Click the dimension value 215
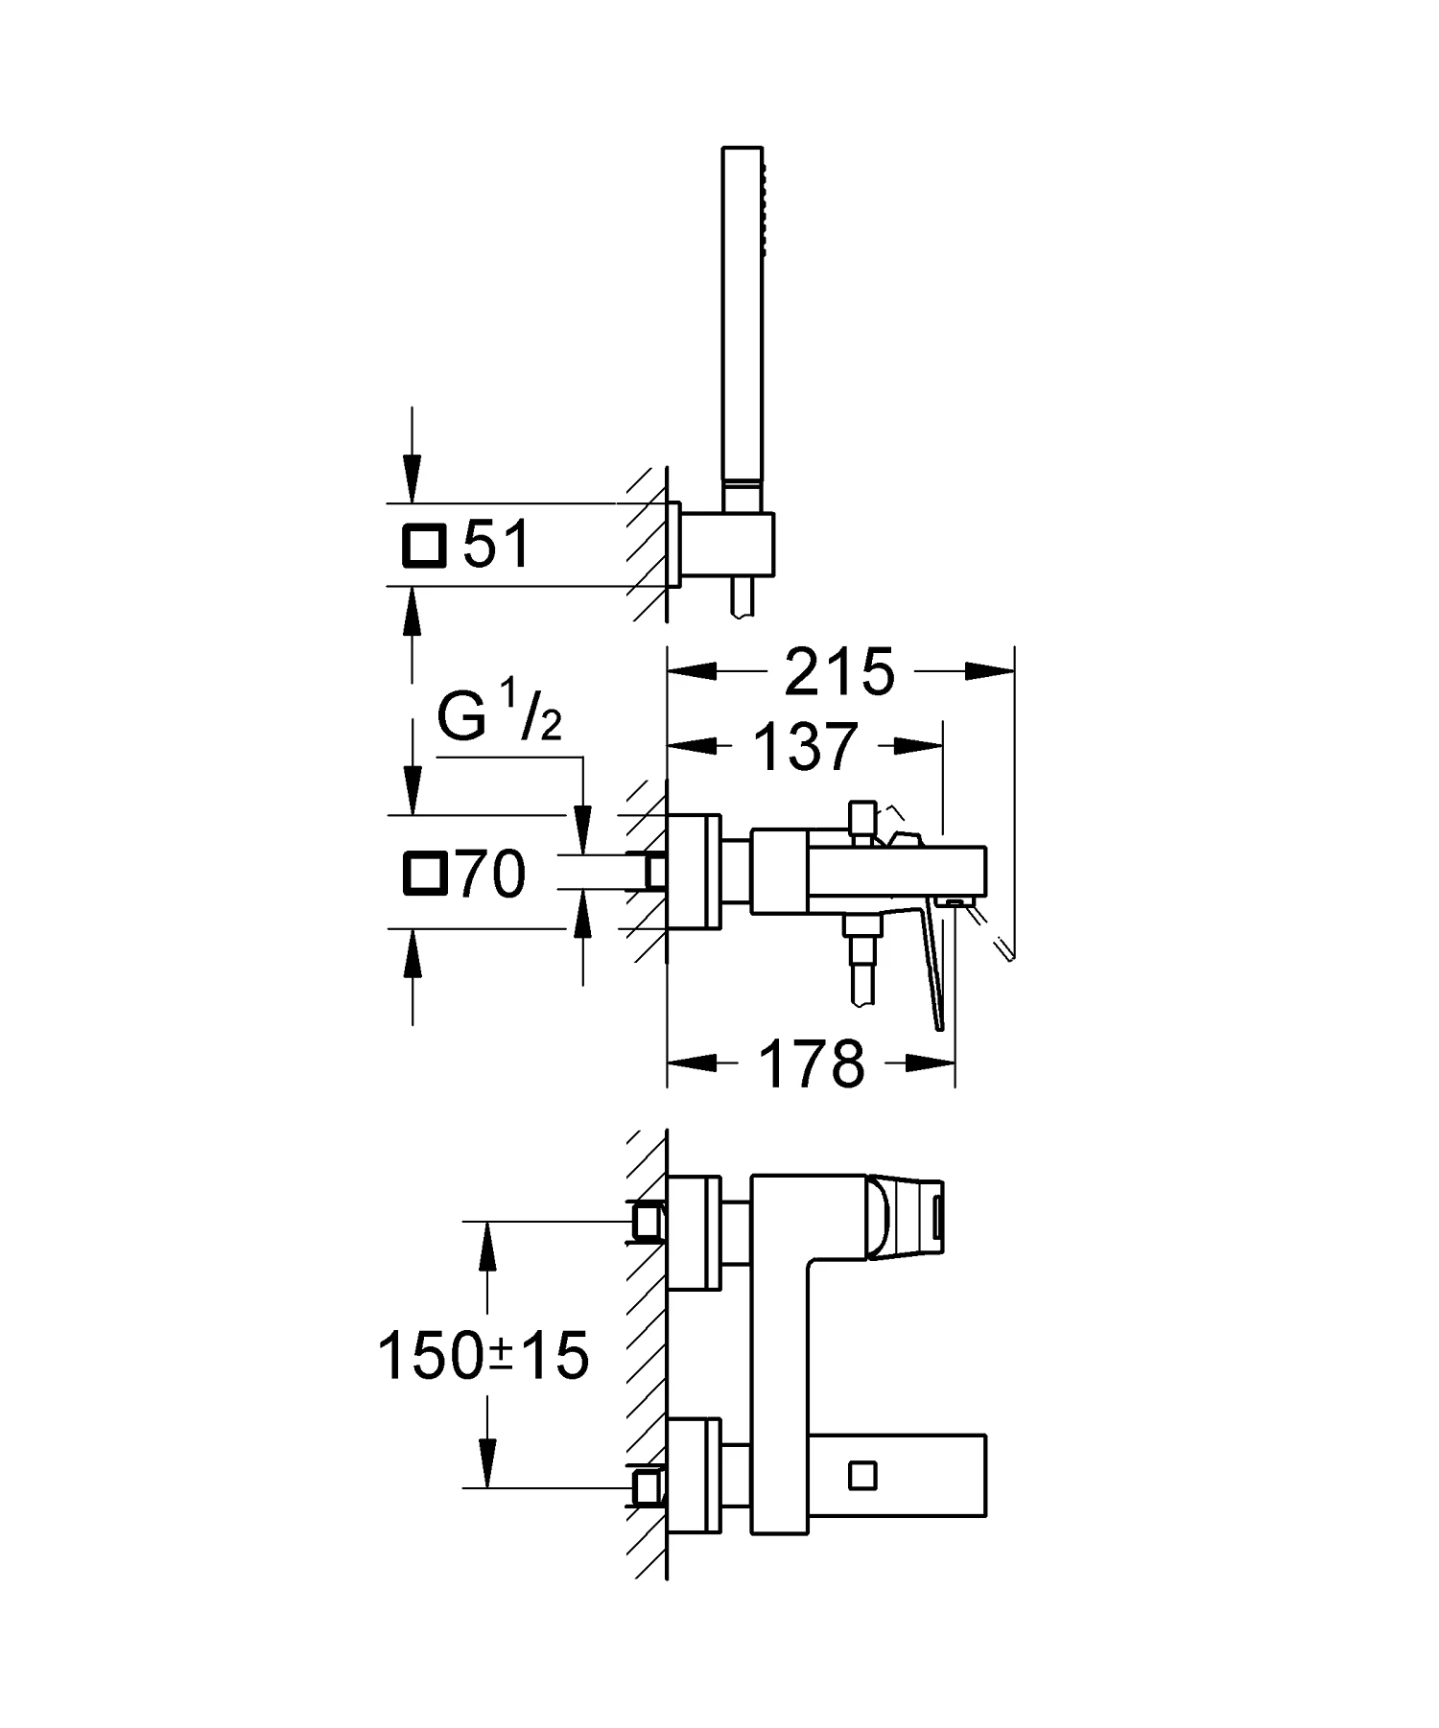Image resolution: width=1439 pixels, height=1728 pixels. [x=839, y=672]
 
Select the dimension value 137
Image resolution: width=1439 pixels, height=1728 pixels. [x=805, y=747]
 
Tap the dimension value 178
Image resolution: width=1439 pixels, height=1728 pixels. [x=812, y=1063]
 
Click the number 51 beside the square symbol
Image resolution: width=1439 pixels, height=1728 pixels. [x=496, y=546]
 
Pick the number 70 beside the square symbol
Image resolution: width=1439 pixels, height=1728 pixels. [x=492, y=875]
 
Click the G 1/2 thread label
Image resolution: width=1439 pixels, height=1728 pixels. [x=499, y=718]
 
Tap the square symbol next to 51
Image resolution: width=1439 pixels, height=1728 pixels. [x=424, y=547]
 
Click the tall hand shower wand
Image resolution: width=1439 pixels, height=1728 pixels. [x=743, y=316]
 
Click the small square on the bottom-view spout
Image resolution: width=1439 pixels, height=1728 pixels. [x=862, y=1475]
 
